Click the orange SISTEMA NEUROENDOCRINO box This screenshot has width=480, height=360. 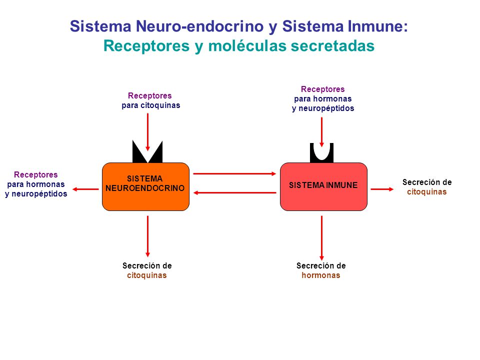pos(145,186)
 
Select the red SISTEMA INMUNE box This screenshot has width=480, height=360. pos(323,186)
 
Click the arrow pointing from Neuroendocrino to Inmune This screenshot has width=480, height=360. pos(235,174)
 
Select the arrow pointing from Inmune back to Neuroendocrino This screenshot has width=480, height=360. pos(235,193)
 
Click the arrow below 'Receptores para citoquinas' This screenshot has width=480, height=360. pos(147,132)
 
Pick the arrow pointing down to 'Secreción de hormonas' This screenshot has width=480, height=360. pos(321,238)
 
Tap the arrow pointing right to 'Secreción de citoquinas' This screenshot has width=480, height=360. pos(382,189)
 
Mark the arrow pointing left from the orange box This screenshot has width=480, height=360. pos(85,189)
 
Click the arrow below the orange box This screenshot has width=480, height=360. pos(147,236)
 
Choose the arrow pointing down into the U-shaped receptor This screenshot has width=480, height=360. pos(321,132)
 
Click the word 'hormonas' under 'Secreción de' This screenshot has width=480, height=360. pos(321,275)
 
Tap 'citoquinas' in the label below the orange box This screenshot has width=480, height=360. pos(147,275)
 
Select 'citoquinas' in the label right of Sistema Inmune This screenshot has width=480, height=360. pos(426,192)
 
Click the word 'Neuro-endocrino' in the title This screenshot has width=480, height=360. pos(200,26)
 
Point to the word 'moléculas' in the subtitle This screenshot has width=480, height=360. pos(247,46)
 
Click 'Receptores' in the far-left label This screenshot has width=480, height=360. pos(36,175)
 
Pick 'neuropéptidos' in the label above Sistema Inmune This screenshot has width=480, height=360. pos(326,108)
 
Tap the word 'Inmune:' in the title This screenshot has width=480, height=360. pos(378,26)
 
